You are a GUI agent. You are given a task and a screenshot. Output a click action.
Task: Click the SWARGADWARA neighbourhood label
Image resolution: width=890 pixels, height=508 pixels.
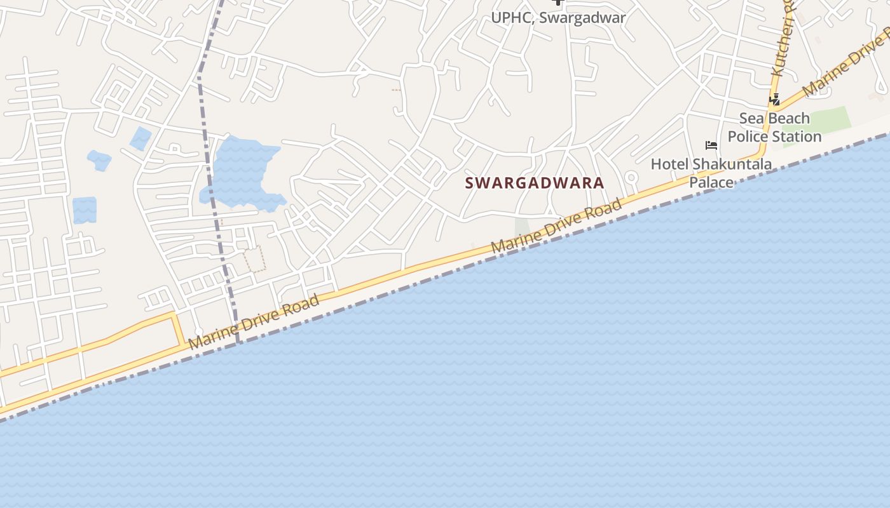(x=534, y=183)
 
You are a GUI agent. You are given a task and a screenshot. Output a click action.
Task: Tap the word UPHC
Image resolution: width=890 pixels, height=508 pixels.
(x=512, y=18)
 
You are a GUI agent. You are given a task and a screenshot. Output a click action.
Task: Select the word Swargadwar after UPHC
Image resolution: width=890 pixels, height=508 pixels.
(x=582, y=18)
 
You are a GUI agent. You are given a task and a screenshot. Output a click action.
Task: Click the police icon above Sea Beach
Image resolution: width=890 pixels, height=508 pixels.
(x=774, y=99)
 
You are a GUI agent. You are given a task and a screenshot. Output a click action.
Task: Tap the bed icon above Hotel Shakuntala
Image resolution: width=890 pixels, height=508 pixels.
(x=711, y=145)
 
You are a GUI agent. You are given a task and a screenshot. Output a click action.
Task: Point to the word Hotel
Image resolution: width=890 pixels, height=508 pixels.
(x=669, y=164)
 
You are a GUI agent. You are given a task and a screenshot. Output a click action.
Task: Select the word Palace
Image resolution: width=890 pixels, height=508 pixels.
(x=711, y=182)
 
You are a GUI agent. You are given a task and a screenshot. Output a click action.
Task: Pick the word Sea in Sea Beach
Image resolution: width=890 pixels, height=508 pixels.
(x=751, y=119)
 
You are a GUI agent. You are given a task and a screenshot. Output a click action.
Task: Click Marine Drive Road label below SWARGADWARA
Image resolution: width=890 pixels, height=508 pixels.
(x=556, y=227)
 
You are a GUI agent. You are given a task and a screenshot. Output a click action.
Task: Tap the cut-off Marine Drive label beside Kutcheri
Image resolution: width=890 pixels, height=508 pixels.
(x=845, y=63)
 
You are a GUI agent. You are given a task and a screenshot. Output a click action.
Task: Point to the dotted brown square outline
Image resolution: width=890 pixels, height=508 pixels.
(x=255, y=260)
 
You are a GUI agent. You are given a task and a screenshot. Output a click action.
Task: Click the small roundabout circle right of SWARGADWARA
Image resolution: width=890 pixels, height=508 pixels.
(x=631, y=177)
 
